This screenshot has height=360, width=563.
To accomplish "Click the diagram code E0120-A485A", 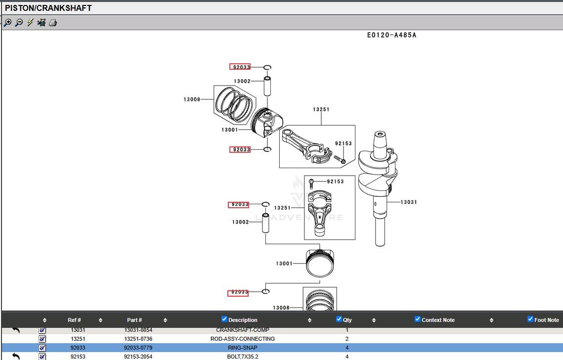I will click(x=391, y=35).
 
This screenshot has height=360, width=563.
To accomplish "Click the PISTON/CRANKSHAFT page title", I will click(x=48, y=8).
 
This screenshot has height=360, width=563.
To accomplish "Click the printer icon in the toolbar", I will click(x=53, y=22).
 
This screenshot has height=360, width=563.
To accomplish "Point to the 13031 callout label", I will click(x=408, y=202).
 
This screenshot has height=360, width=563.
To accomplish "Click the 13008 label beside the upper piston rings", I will click(x=192, y=99).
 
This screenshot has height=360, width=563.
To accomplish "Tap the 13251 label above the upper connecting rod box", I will click(x=321, y=109).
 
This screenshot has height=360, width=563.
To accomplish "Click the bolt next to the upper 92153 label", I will click(x=340, y=159).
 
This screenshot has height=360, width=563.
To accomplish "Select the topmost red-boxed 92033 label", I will click(x=240, y=67).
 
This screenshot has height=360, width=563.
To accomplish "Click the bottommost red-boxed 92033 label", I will click(x=238, y=292).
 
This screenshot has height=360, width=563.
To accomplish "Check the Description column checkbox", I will click(x=224, y=319).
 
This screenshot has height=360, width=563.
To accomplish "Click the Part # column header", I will click(x=134, y=320).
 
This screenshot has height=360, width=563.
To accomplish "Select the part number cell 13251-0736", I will click(x=138, y=339).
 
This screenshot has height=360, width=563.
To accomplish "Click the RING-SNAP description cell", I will click(x=242, y=348).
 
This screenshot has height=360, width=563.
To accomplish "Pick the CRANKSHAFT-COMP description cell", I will click(x=242, y=330).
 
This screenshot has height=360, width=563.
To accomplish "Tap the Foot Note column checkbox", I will click(x=530, y=319).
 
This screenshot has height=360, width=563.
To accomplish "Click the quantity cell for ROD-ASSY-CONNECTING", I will click(x=347, y=339).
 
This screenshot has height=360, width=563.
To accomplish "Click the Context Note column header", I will click(x=438, y=320).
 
